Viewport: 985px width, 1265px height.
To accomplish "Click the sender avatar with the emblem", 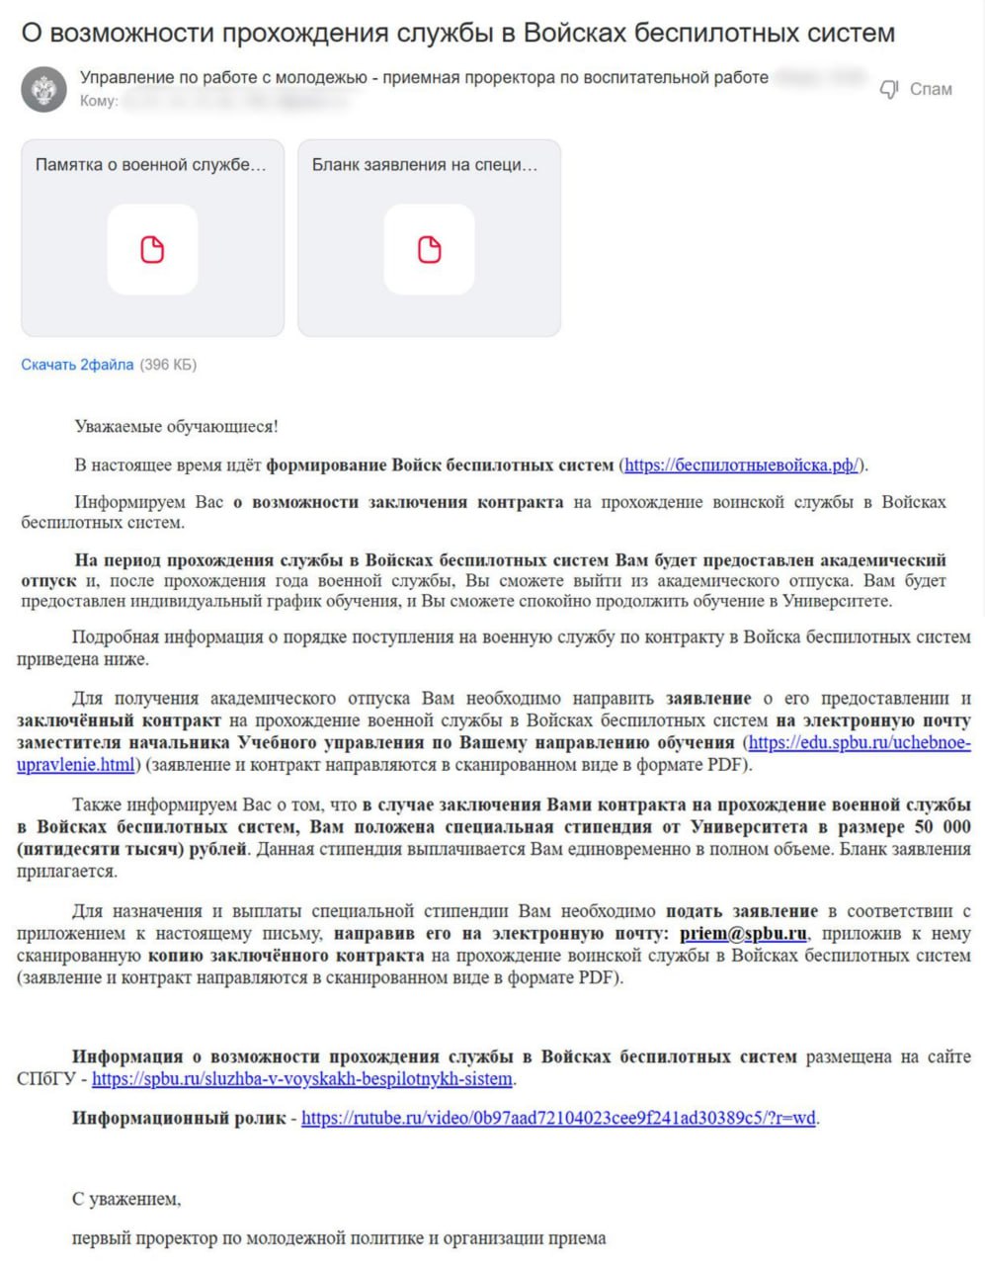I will tap(43, 90).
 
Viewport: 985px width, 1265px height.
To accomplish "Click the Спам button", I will tap(930, 89).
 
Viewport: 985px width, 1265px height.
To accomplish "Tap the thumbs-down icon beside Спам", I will tap(889, 90).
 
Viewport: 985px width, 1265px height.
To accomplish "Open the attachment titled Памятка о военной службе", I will tap(152, 238).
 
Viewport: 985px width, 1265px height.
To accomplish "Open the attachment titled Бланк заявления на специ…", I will tap(429, 238).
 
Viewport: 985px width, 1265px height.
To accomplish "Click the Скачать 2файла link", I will tap(77, 365).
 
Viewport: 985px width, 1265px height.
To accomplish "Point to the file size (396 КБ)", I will tap(168, 365).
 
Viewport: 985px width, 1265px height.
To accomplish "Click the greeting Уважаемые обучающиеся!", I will tap(176, 427).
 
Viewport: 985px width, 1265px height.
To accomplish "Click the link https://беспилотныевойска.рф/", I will tap(742, 464).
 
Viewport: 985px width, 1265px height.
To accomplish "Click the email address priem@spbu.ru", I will tap(743, 933).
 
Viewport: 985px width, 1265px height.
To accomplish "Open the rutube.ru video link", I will tap(558, 1118).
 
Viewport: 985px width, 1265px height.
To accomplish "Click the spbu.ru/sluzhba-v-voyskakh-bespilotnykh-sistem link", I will tap(302, 1078).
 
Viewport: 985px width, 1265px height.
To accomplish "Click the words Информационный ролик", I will tap(179, 1118).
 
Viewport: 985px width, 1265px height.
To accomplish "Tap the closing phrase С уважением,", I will tap(126, 1199).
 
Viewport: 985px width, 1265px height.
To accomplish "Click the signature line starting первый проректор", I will tap(338, 1237).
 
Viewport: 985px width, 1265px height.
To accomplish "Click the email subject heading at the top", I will tap(457, 33).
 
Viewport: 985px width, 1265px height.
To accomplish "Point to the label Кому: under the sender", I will tap(99, 101).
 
